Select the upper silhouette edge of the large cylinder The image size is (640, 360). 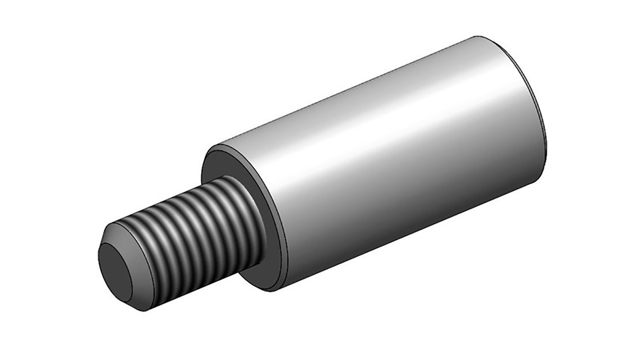pyautogui.click(x=344, y=90)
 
